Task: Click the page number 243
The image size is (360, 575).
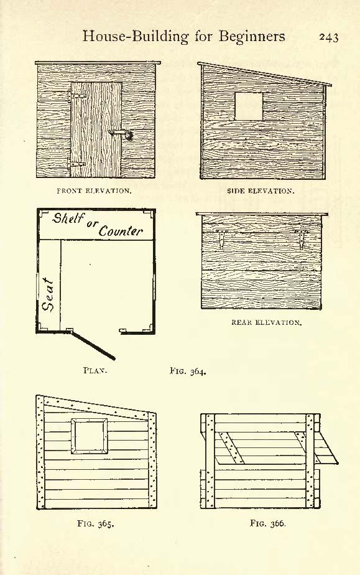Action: click(328, 37)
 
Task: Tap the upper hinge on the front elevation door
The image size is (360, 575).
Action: click(77, 96)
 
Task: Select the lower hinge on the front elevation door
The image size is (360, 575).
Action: click(77, 164)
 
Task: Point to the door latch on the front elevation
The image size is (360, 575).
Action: click(121, 134)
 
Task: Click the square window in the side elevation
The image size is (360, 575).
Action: click(249, 106)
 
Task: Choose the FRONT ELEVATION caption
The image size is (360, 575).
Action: click(94, 191)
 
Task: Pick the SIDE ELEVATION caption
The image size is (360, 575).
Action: click(261, 191)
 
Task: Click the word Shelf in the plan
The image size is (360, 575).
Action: click(68, 218)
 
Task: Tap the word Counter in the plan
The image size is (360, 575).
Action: click(121, 231)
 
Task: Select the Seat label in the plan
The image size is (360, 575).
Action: click(48, 295)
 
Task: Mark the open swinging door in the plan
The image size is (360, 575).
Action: click(93, 345)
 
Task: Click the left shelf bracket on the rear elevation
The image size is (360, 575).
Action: click(221, 238)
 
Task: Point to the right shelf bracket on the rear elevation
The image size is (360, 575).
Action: click(301, 239)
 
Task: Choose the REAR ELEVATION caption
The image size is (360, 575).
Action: click(267, 323)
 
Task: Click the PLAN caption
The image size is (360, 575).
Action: click(95, 370)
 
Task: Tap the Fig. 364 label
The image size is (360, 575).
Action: click(188, 371)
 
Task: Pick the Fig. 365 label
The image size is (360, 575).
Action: click(96, 524)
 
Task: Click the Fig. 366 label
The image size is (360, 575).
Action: click(268, 523)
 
